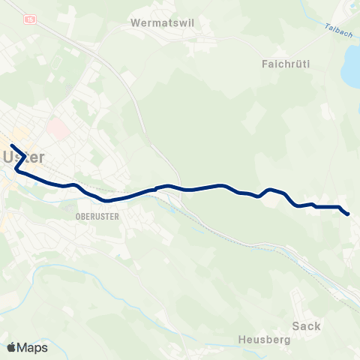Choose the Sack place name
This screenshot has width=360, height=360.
(x=307, y=325)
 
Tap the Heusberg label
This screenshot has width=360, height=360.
(x=263, y=340)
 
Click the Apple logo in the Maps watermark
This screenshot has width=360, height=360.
(x=11, y=347)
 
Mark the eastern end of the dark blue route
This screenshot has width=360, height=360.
(x=348, y=214)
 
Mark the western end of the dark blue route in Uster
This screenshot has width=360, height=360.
(x=12, y=145)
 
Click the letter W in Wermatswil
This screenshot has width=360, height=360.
(x=135, y=22)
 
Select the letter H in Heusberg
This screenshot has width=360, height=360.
(x=241, y=340)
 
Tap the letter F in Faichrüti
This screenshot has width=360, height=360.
(x=266, y=64)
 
